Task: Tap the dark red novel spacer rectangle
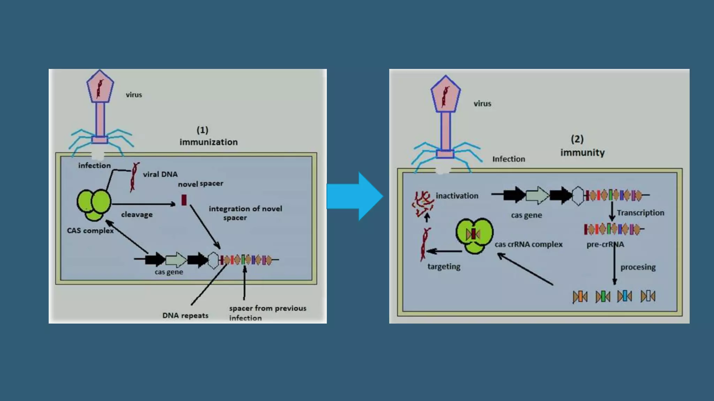184,200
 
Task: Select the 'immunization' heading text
208,142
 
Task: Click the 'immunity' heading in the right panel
582,152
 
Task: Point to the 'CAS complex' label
90,230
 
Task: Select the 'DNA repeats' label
185,315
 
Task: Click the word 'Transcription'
640,213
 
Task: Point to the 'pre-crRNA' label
605,244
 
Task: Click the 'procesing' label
638,267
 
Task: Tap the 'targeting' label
444,267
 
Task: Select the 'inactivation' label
457,196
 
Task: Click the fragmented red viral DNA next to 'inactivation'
423,204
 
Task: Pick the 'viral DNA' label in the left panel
160,174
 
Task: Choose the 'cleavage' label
137,214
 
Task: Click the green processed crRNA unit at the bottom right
603,297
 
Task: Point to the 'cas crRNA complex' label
529,244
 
